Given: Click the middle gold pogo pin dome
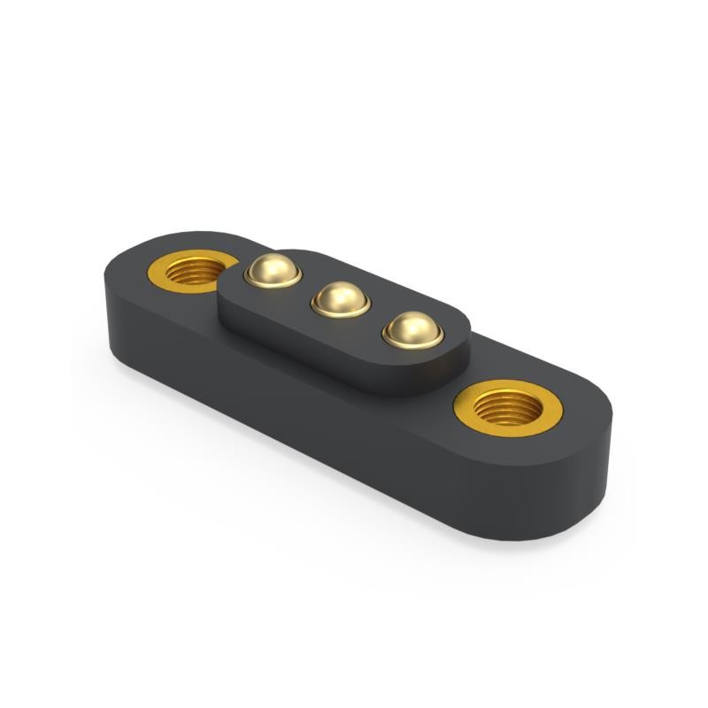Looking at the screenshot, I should [x=341, y=299].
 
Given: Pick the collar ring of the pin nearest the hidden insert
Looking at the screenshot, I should [x=273, y=282].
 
